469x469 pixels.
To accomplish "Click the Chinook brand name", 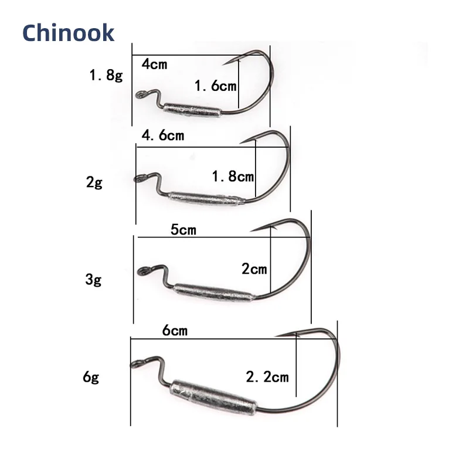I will click(x=69, y=33).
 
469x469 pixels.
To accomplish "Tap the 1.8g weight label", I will click(x=106, y=76).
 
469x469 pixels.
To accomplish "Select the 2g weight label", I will click(x=94, y=182).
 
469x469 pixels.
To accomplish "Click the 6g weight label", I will click(x=91, y=376).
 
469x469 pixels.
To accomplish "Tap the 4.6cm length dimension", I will click(x=163, y=136).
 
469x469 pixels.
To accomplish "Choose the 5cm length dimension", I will click(x=183, y=230).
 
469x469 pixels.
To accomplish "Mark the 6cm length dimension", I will click(x=175, y=331).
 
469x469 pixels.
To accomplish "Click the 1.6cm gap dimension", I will click(x=215, y=86).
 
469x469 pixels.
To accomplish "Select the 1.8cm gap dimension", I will click(x=233, y=176).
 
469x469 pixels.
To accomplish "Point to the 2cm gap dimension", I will click(x=254, y=269).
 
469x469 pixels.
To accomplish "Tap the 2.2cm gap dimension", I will click(x=267, y=376).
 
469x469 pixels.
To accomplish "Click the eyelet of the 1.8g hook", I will click(x=141, y=94).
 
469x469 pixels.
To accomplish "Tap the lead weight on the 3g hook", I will click(x=214, y=291).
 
